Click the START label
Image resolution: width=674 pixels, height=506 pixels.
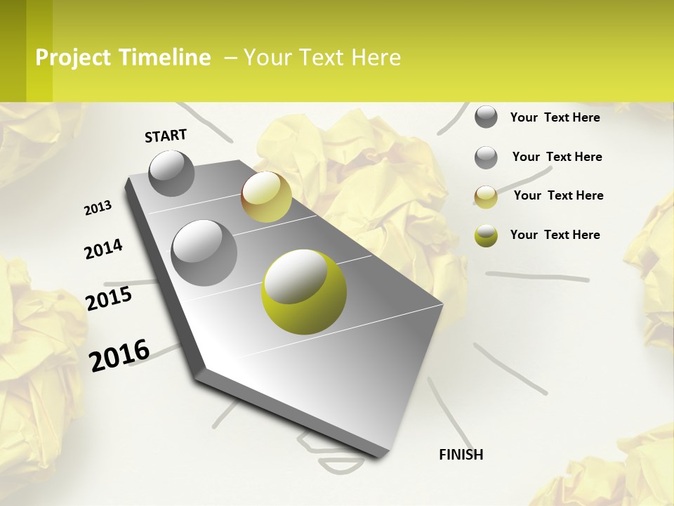click(166, 135)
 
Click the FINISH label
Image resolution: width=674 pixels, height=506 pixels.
click(461, 455)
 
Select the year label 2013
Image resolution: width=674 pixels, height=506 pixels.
click(98, 208)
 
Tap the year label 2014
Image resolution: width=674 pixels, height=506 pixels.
click(103, 249)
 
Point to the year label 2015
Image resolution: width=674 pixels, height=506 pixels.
click(109, 299)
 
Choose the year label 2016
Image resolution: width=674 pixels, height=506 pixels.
click(119, 355)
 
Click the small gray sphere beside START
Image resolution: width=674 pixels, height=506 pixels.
click(171, 173)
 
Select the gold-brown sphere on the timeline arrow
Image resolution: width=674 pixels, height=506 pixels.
click(266, 197)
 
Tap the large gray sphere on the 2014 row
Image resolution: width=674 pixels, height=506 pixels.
click(204, 252)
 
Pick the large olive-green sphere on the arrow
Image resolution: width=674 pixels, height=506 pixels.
click(303, 292)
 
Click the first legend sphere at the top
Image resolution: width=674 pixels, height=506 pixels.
click(486, 117)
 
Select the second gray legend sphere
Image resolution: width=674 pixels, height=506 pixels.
click(486, 157)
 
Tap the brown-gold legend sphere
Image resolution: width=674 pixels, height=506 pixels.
click(486, 197)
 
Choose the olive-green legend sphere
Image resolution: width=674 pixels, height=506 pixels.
click(486, 235)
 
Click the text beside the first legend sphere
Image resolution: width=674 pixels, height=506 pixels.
click(555, 117)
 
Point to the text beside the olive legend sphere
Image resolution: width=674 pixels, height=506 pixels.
click(555, 235)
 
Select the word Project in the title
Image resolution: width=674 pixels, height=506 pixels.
click(73, 58)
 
